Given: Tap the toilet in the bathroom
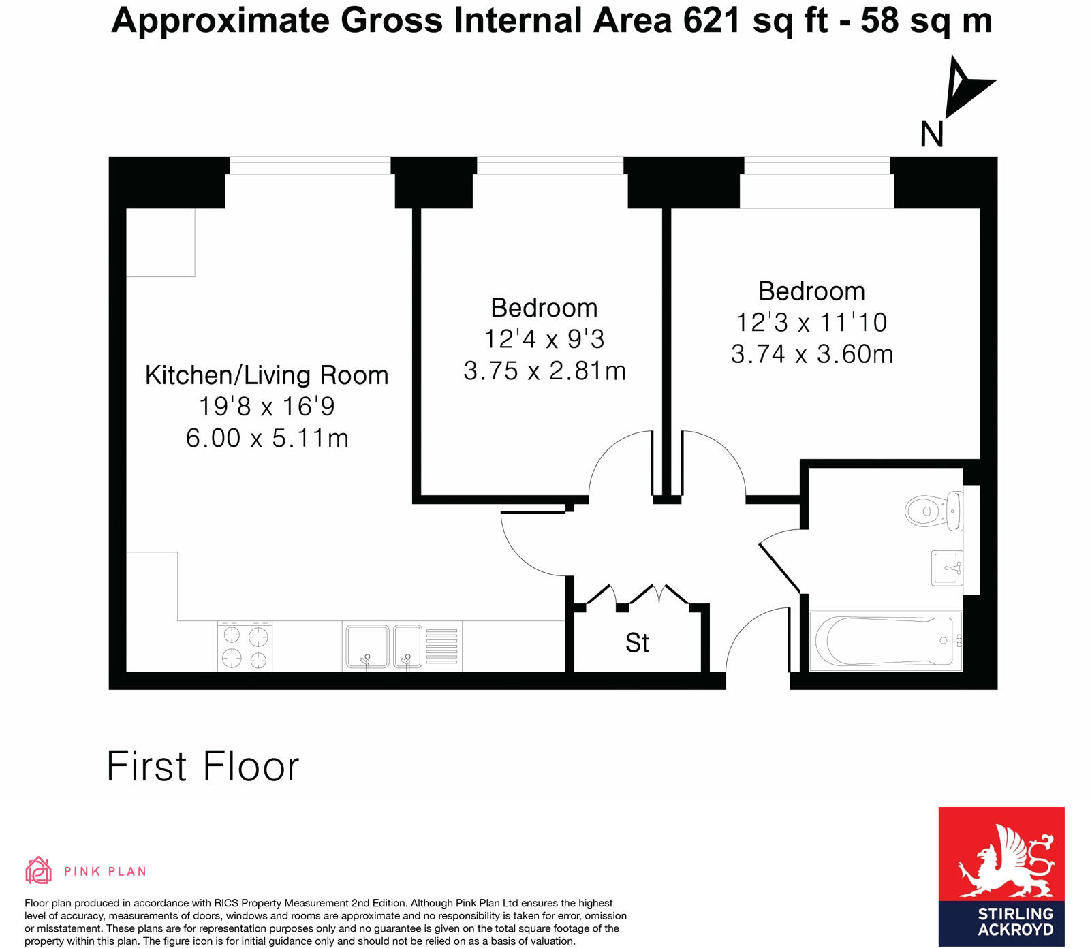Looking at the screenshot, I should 933,510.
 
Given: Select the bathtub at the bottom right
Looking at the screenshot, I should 886,641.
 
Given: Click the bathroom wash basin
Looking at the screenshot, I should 948,567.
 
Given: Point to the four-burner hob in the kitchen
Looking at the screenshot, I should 245,647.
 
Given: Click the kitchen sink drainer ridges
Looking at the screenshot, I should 441,646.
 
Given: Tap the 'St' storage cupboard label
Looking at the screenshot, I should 637,643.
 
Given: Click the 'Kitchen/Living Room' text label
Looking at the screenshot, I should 266,375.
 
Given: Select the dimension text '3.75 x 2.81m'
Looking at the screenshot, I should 544,371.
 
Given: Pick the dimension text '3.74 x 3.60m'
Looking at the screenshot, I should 811,354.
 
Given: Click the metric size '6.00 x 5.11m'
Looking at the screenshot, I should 267,438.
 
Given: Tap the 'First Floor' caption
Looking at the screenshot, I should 203,767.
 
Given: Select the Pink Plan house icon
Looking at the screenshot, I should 38,870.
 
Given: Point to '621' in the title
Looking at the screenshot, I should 711,20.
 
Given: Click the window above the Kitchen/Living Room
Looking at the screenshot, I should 309,165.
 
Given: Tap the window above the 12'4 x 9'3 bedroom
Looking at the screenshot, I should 550,165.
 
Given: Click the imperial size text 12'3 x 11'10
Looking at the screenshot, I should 811,323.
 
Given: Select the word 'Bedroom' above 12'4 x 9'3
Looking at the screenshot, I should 544,308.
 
